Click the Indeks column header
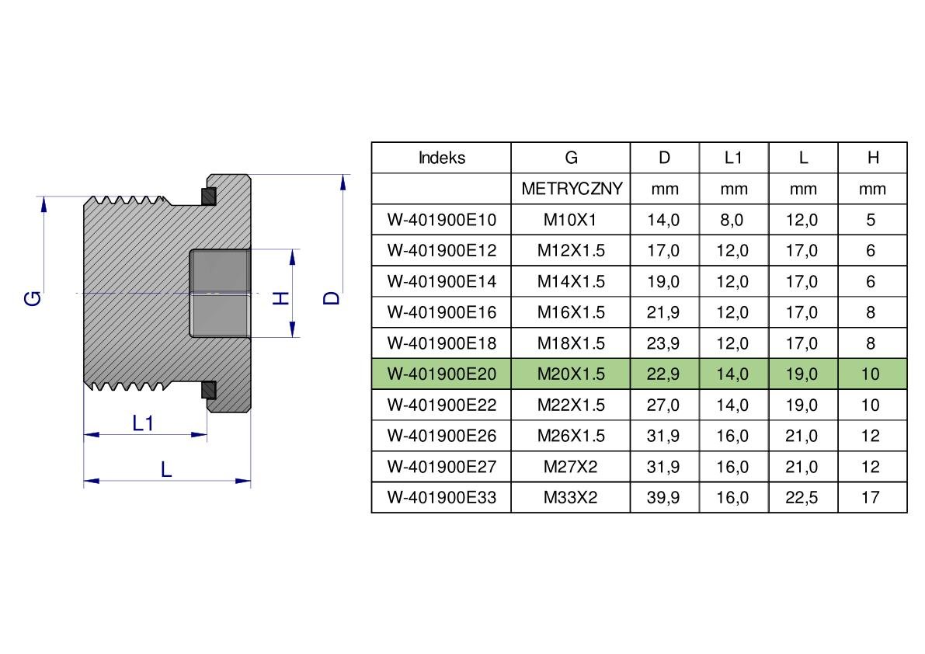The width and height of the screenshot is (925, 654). [x=441, y=158]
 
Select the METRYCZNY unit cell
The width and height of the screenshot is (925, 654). [x=571, y=189]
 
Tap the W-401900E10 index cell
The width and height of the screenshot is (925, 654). [x=441, y=220]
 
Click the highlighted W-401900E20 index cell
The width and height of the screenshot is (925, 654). [x=441, y=374]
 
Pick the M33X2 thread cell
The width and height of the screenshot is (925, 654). [x=571, y=498]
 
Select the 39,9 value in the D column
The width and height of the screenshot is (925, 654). [x=664, y=498]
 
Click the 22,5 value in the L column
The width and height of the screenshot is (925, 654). [x=802, y=498]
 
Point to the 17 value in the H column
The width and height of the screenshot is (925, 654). [x=871, y=498]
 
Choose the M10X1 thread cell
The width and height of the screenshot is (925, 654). [x=571, y=220]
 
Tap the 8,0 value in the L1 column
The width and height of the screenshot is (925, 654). [x=732, y=220]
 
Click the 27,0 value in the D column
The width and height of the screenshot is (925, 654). [x=664, y=405]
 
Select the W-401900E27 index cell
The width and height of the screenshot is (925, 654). [x=441, y=467]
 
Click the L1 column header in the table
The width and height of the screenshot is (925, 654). [x=733, y=158]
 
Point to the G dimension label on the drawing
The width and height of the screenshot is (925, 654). [x=33, y=297]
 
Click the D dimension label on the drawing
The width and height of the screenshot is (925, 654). [x=332, y=297]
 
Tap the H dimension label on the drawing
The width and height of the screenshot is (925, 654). [x=281, y=297]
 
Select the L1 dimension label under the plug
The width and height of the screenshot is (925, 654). [x=143, y=423]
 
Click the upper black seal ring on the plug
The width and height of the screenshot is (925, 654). [x=209, y=196]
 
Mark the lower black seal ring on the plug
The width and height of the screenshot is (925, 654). [x=209, y=390]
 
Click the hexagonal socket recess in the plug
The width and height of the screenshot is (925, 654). [x=220, y=293]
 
